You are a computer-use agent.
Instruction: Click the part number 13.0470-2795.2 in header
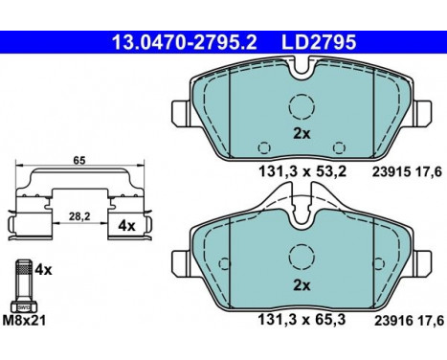(x=171, y=42)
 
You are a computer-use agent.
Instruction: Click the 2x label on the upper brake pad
(x=302, y=134)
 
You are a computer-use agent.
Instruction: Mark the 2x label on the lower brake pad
(x=302, y=285)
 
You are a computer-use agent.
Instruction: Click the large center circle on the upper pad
(x=302, y=107)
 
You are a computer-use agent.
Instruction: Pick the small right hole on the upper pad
(x=338, y=145)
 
